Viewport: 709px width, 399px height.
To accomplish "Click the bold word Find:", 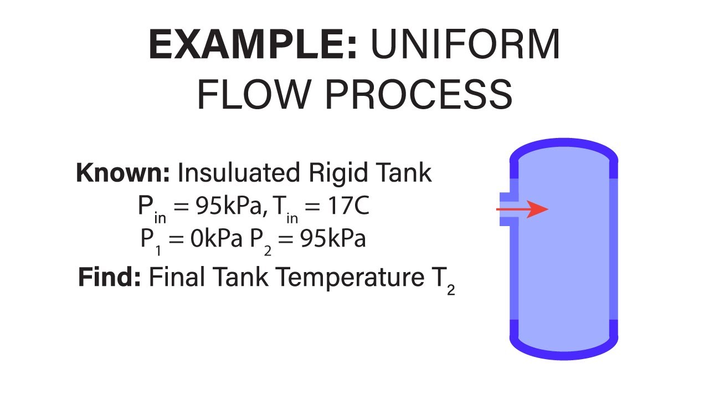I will pyautogui.click(x=109, y=277).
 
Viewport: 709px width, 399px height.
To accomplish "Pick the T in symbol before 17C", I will pyautogui.click(x=287, y=209).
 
